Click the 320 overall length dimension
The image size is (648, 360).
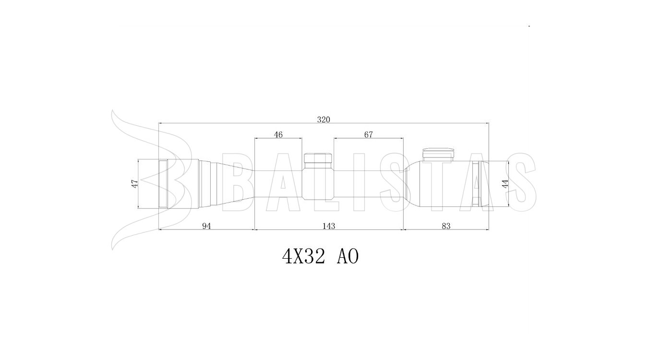point(324,120)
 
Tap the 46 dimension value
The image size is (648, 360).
point(278,134)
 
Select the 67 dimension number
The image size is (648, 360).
point(368,134)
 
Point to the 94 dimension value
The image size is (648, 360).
point(206,226)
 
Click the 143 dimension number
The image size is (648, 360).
point(329,226)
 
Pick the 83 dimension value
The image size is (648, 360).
point(446,226)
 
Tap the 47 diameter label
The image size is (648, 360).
point(134,184)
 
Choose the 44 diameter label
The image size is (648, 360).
point(505,184)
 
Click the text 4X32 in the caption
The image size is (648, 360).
point(303,256)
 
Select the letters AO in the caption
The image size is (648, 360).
point(348,256)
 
